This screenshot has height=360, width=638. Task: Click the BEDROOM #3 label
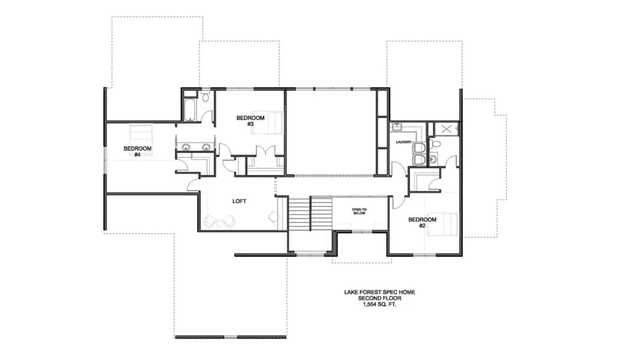coord(250,121)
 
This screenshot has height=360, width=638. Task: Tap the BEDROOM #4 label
coord(138,151)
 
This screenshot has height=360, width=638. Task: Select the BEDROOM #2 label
coord(422,222)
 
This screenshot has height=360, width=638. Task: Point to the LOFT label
coord(239,201)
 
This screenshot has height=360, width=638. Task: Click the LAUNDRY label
coord(404,142)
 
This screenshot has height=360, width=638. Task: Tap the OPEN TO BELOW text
coord(359,212)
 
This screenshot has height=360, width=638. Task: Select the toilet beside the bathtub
coord(206,97)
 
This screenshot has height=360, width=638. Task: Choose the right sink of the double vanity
coord(206,147)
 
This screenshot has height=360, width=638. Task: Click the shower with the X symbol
coord(446,130)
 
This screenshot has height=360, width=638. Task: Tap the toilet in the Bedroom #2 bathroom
coord(436,144)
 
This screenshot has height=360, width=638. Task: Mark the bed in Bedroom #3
coord(267,123)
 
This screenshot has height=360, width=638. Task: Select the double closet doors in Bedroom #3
coord(265,151)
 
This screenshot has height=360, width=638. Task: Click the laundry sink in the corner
coord(396,127)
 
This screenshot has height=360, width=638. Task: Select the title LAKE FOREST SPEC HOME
coord(379,292)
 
